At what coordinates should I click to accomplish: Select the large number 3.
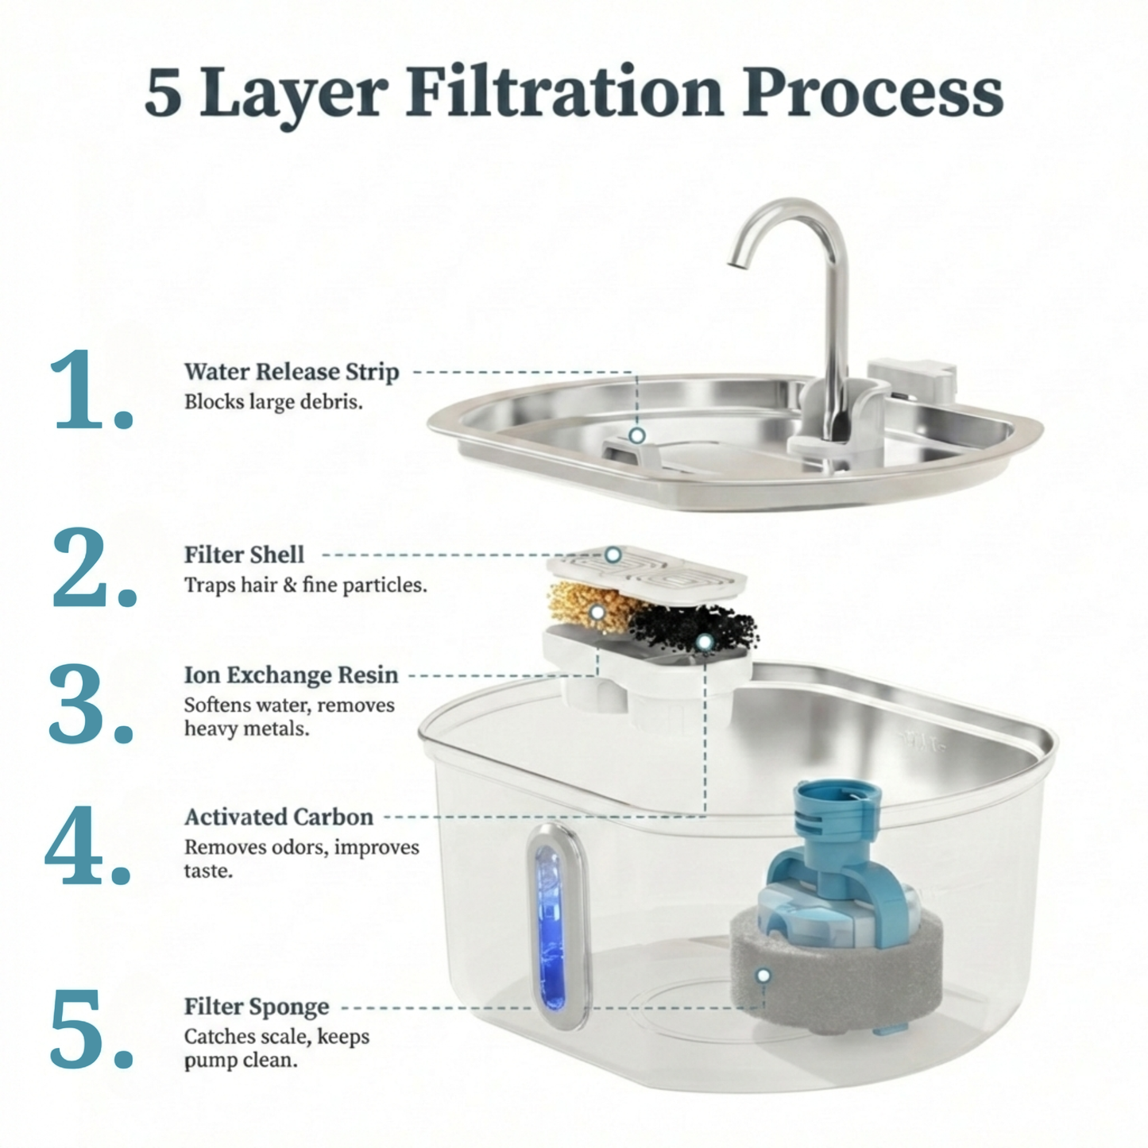[x=90, y=705]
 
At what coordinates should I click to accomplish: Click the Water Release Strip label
[x=292, y=372]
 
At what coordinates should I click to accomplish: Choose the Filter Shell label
[x=244, y=555]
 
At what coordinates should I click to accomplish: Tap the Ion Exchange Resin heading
[x=291, y=675]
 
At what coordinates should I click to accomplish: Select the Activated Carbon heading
[x=278, y=817]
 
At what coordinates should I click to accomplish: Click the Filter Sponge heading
[x=256, y=1007]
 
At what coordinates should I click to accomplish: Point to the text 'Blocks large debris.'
[x=273, y=402]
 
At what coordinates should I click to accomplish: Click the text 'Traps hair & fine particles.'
[x=305, y=586]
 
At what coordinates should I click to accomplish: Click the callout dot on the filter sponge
[x=763, y=975]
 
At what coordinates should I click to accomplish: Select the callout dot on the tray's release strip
[x=636, y=435]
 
